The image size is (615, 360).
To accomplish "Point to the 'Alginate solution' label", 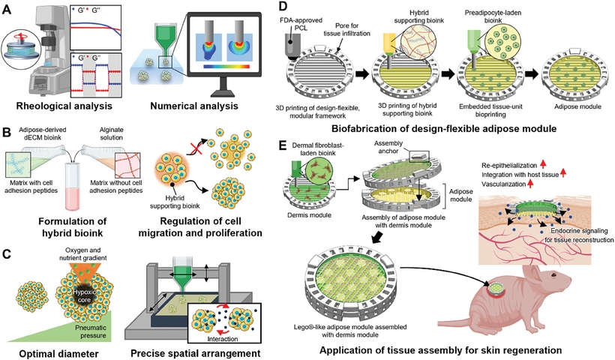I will click(x=200, y=136).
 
